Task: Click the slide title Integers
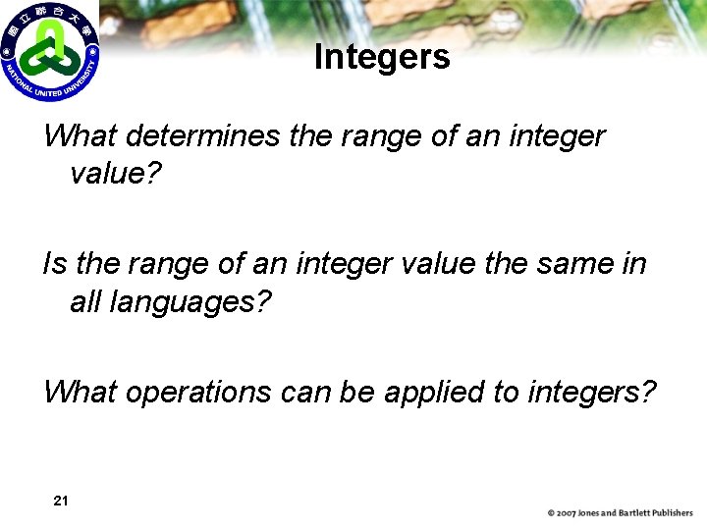[x=382, y=57]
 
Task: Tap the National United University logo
[x=49, y=51]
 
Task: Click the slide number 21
[x=60, y=501]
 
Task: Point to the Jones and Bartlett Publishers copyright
[x=620, y=512]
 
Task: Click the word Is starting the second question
[x=54, y=263]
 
